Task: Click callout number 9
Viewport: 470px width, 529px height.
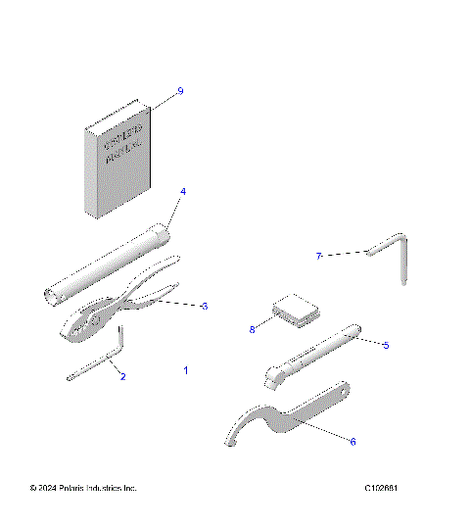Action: point(180,91)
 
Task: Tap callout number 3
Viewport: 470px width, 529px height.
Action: point(204,307)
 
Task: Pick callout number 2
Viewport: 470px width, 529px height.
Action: point(122,375)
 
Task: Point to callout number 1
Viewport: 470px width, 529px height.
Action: point(185,370)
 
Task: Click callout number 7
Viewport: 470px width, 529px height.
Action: point(318,256)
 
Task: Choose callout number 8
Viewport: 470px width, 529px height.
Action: point(252,330)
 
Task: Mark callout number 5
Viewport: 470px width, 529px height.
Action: point(386,345)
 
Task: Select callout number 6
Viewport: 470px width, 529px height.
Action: point(352,441)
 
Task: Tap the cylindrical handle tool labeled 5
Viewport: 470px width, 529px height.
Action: point(313,358)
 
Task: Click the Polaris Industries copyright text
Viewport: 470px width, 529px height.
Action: point(83,487)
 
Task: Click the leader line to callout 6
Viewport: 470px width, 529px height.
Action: point(323,431)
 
